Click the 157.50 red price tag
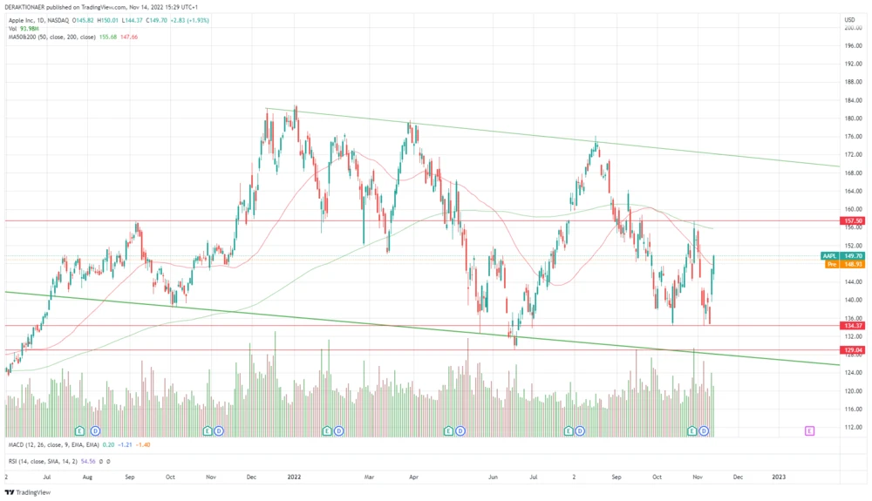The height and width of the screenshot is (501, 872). [x=851, y=221]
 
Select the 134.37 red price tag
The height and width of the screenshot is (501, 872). [x=851, y=325]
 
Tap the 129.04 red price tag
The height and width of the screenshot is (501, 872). [x=851, y=349]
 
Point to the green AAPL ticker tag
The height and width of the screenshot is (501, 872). [x=829, y=255]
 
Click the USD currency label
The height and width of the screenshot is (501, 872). [x=849, y=19]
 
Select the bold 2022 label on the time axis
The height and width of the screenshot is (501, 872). [x=294, y=477]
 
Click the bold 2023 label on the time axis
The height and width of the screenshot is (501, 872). [x=779, y=477]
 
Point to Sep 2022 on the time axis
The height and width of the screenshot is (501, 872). [x=617, y=477]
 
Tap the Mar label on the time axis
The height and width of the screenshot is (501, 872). [x=369, y=477]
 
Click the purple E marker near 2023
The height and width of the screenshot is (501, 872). [x=810, y=430]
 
